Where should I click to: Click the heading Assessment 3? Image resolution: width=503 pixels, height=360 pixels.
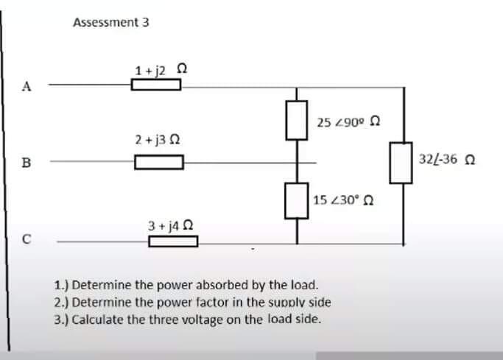(x=111, y=22)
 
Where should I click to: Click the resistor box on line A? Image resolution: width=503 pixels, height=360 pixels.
(x=156, y=85)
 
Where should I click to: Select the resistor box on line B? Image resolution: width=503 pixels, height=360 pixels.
(x=158, y=162)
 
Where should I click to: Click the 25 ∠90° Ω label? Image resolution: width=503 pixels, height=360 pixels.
(x=348, y=121)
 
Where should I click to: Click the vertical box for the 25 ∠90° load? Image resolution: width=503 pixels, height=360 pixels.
(x=297, y=121)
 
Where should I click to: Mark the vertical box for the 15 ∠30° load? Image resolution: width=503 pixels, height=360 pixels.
(x=297, y=200)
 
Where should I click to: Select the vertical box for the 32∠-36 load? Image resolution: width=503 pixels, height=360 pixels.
(x=402, y=163)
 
